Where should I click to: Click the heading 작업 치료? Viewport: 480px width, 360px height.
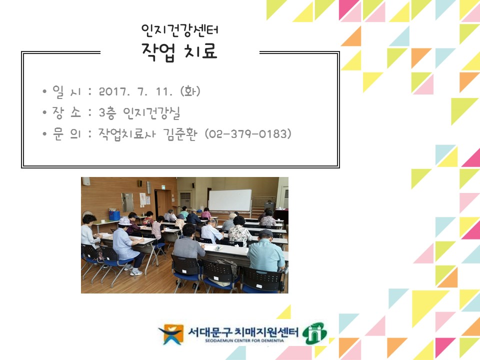(179, 51)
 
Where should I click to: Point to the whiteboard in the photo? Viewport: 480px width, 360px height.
(229, 200)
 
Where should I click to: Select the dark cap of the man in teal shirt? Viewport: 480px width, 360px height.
(265, 233)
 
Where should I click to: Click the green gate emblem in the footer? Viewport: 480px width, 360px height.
(316, 332)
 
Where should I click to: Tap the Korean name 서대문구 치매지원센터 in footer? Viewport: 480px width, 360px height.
(243, 330)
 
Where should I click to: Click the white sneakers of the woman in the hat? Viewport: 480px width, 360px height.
(135, 271)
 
